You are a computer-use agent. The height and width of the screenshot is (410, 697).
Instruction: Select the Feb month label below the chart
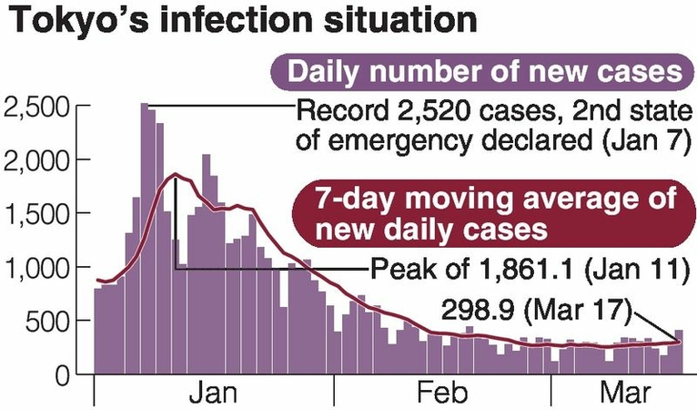pos(443,395)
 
